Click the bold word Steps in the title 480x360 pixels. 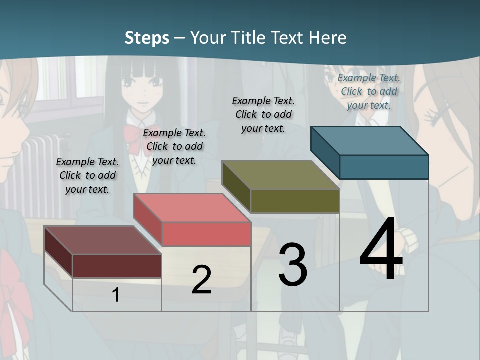coord(147,38)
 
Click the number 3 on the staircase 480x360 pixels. coord(293,265)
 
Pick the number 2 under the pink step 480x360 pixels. coord(201,280)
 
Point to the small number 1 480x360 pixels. coord(115,295)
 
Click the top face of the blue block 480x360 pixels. coord(369,141)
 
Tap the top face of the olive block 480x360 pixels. coord(280,175)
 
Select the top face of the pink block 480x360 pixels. coord(192,208)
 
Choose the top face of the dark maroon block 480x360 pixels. coord(102,240)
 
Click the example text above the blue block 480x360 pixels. coord(369,91)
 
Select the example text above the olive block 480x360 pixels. coord(263,114)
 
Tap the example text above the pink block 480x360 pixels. coord(174,146)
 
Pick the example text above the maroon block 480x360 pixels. coord(87,175)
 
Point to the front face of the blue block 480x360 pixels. coord(384,167)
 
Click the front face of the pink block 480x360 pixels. coord(206,234)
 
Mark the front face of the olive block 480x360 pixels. coord(295,201)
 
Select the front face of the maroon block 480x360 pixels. coord(117,266)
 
